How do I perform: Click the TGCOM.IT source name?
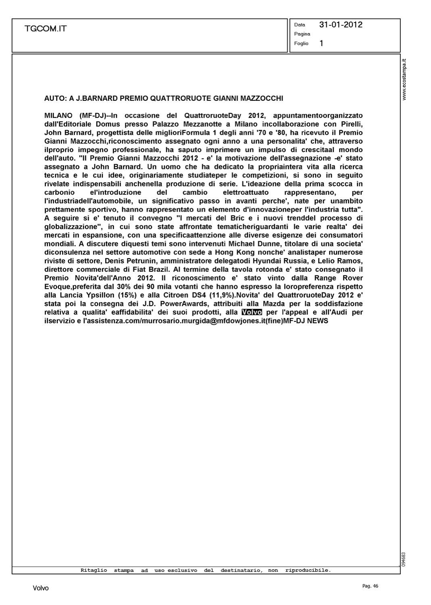pyautogui.click(x=45, y=29)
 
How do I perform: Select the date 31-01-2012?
pyautogui.click(x=341, y=25)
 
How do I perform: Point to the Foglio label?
pyautogui.click(x=301, y=44)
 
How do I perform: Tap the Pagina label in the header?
pyautogui.click(x=302, y=34)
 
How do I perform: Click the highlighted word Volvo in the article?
pyautogui.click(x=252, y=312)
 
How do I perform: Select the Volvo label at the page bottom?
pyautogui.click(x=40, y=588)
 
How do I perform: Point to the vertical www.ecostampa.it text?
pyautogui.click(x=405, y=79)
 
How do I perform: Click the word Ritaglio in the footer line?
pyautogui.click(x=94, y=570)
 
